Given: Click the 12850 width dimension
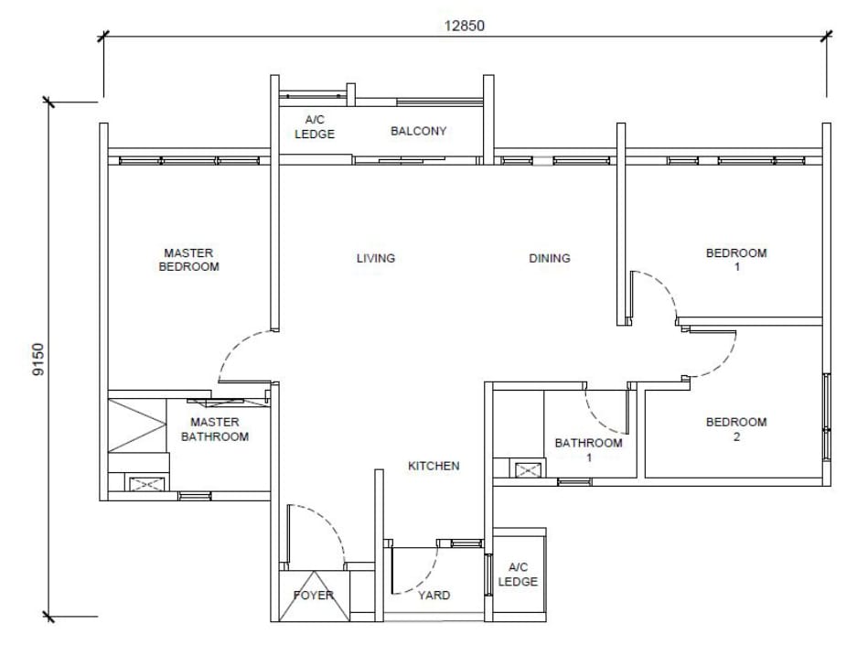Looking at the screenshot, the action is pos(464,26).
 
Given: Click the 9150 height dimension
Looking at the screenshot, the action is pos(38,360).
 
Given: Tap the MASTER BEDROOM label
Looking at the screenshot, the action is pos(188,260).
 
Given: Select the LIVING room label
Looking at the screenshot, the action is pos(376,258).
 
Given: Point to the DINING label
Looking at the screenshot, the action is pos(549,258).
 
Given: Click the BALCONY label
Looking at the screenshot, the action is pos(419,131).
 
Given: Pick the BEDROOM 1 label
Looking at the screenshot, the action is pos(736,260).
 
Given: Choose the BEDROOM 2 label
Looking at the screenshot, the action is pos(736,429).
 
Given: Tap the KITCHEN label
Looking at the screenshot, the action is pos(434,467).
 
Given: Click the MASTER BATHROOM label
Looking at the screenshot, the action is pos(215,430).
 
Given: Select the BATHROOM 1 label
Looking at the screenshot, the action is pos(588,450).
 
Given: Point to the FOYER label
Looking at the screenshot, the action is pos(314,596).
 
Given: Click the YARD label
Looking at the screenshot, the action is pos(434,596).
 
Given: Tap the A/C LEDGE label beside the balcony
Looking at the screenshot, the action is pos(315,127).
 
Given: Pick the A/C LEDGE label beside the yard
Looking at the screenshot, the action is pos(518,575).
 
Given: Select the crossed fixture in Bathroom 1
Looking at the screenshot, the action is pos(527,470).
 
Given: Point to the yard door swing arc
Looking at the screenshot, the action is pos(425,575).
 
